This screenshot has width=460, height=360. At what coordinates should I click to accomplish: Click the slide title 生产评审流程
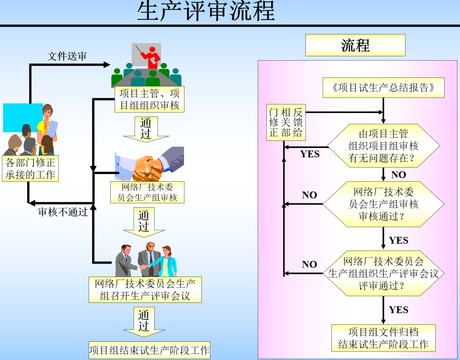coord(206,11)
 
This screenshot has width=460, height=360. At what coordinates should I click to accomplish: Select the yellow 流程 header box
coord(355,45)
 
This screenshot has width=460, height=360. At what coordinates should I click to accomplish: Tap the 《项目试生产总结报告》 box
coord(383,88)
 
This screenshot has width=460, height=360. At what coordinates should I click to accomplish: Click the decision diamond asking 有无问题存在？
coord(383,146)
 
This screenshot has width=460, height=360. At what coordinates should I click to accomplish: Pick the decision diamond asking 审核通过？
coord(383,204)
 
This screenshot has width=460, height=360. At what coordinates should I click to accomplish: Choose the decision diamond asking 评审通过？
coord(383,273)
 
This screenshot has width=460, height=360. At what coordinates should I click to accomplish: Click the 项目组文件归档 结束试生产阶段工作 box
coord(383,338)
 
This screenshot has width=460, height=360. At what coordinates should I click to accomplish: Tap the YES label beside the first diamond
coord(310,154)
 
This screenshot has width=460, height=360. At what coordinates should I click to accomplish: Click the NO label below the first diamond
coord(399,174)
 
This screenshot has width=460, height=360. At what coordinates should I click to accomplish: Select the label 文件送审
coord(67,56)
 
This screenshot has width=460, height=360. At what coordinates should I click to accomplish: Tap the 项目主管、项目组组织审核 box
coord(149,100)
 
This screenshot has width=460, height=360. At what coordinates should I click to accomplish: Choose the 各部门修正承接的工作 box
coord(30,169)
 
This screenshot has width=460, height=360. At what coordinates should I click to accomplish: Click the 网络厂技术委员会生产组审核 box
coord(147,192)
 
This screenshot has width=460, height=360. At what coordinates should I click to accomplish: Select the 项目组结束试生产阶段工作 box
coord(149,351)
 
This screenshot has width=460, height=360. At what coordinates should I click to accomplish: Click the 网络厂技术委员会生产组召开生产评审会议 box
coord(145,290)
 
